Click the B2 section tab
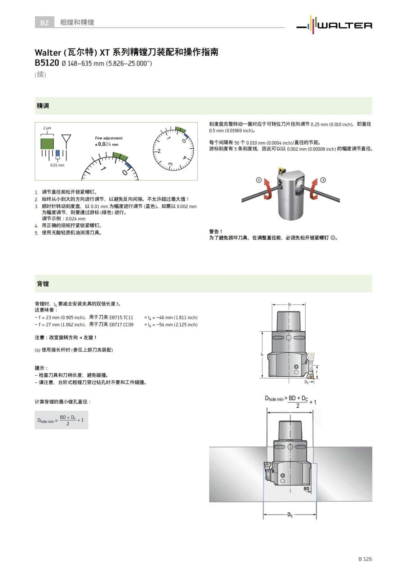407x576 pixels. coord(44,23)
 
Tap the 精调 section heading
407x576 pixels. coord(43,106)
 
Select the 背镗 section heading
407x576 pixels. coord(43,284)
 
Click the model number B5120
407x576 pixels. coord(47,63)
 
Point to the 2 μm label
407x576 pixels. coord(47,128)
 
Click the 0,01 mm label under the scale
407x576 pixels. coord(57,165)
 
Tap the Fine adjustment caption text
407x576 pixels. coord(109,138)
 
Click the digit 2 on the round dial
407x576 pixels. coord(159,151)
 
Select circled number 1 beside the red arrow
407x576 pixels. coord(259,180)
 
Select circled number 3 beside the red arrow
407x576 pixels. coord(323,180)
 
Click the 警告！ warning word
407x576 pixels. coord(216,231)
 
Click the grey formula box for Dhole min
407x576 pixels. coord(61,420)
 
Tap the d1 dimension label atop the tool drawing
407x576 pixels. coord(289,304)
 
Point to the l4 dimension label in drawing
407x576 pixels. coord(262,354)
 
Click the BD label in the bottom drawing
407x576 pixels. coord(306,489)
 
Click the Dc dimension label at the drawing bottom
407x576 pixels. coord(290,515)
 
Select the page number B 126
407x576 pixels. coord(365,559)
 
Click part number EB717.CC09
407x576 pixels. coord(121,324)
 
